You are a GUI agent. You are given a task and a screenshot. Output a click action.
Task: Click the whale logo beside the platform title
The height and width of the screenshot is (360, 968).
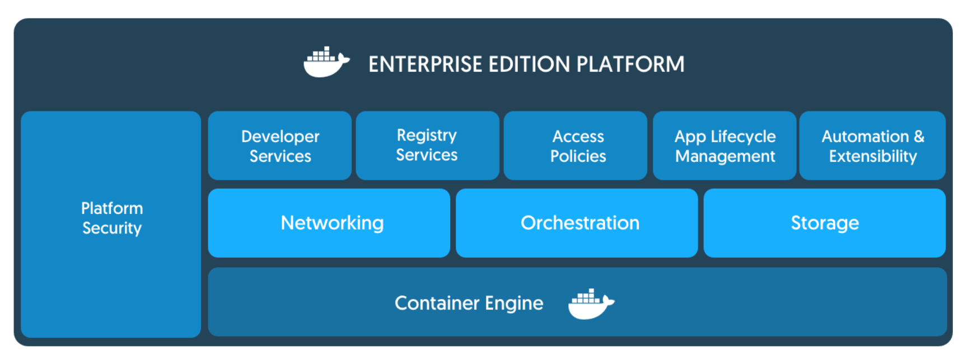(326, 63)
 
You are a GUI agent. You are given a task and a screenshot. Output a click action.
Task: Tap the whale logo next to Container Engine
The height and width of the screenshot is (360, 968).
(591, 304)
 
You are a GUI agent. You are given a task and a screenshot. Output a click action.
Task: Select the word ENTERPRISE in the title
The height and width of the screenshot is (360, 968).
(425, 64)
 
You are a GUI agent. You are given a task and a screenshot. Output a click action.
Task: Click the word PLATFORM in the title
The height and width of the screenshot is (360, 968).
(630, 64)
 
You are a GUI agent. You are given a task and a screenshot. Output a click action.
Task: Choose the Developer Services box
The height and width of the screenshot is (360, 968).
(280, 146)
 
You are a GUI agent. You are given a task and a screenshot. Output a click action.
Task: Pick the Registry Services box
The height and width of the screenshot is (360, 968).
(427, 146)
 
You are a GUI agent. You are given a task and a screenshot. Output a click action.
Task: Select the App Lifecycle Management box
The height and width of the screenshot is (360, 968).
(724, 146)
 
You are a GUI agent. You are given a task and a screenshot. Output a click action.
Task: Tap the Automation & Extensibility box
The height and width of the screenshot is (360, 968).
(872, 146)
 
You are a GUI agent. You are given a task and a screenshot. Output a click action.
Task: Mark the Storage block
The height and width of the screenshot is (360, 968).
(824, 223)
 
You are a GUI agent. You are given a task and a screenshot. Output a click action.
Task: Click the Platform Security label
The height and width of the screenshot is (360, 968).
(112, 218)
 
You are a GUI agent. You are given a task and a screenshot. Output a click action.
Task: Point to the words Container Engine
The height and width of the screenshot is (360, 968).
(469, 303)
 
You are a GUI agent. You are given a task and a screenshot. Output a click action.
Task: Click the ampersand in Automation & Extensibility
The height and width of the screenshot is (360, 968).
(919, 137)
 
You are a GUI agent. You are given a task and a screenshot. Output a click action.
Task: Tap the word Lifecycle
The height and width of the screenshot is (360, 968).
(743, 137)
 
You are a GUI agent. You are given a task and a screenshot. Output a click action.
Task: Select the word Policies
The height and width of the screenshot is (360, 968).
(578, 156)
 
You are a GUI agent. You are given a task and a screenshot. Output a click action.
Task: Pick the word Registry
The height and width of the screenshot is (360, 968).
(427, 135)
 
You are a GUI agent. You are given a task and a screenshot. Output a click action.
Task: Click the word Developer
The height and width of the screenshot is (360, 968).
(280, 137)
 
